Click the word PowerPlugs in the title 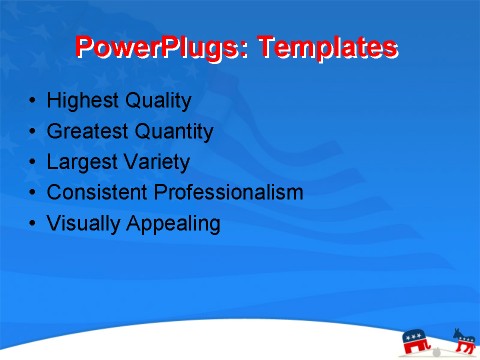pos(161,48)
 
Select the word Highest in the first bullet pos(83,101)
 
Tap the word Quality pos(158,101)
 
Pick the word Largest pos(81,161)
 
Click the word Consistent pos(96,192)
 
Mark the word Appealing pos(173,223)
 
